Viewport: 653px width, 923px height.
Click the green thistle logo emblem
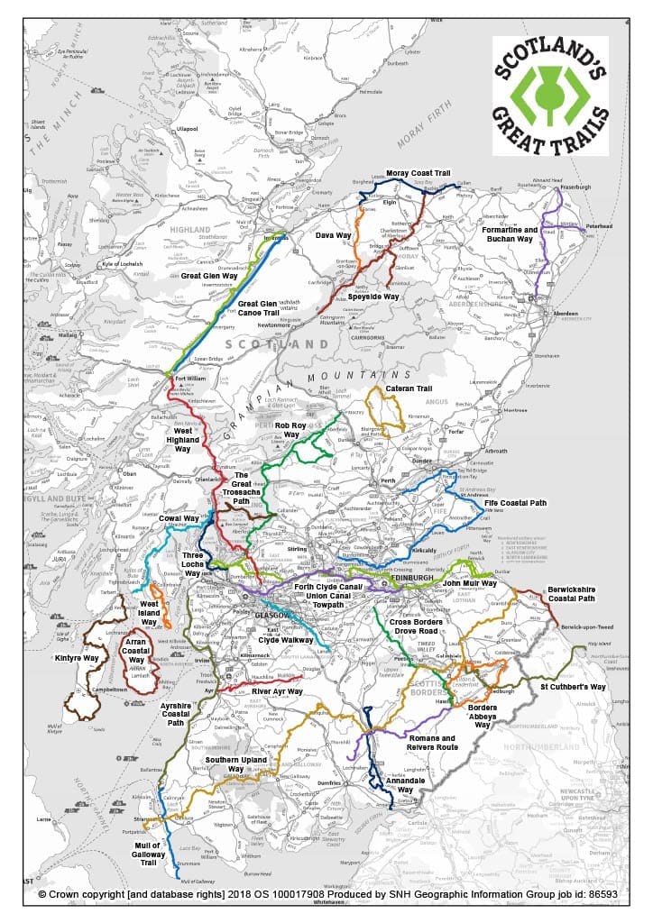[549, 93]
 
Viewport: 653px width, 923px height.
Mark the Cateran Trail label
[411, 388]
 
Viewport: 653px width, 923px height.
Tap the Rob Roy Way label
[292, 430]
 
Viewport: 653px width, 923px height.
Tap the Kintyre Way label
[78, 659]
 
